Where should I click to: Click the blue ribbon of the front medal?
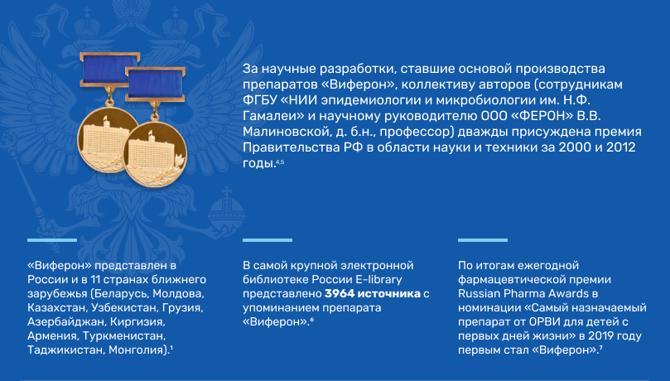point(155,84)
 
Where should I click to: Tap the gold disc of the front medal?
point(155,155)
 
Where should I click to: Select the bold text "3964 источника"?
point(373,294)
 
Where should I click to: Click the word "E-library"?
point(379,280)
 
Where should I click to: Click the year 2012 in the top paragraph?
point(621,147)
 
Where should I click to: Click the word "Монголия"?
point(137,350)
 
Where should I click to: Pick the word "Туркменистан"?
point(123,336)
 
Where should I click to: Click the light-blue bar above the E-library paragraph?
point(268,240)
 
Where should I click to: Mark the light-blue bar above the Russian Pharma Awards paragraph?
point(483,240)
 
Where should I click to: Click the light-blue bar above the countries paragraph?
point(52,240)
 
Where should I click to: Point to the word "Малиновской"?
point(285,132)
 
